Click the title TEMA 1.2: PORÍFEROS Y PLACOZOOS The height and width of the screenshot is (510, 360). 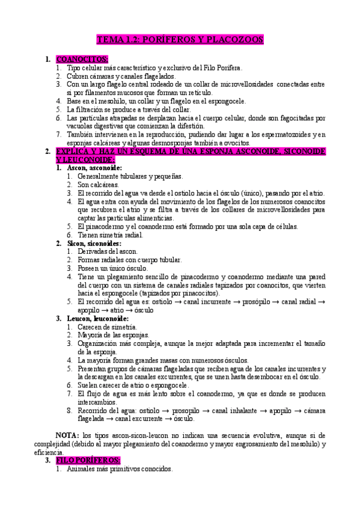tap(180, 40)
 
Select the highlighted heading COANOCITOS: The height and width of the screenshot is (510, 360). tap(82, 60)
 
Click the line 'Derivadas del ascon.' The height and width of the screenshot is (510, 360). tap(108, 251)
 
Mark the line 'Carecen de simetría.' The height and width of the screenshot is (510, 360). tap(107, 327)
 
